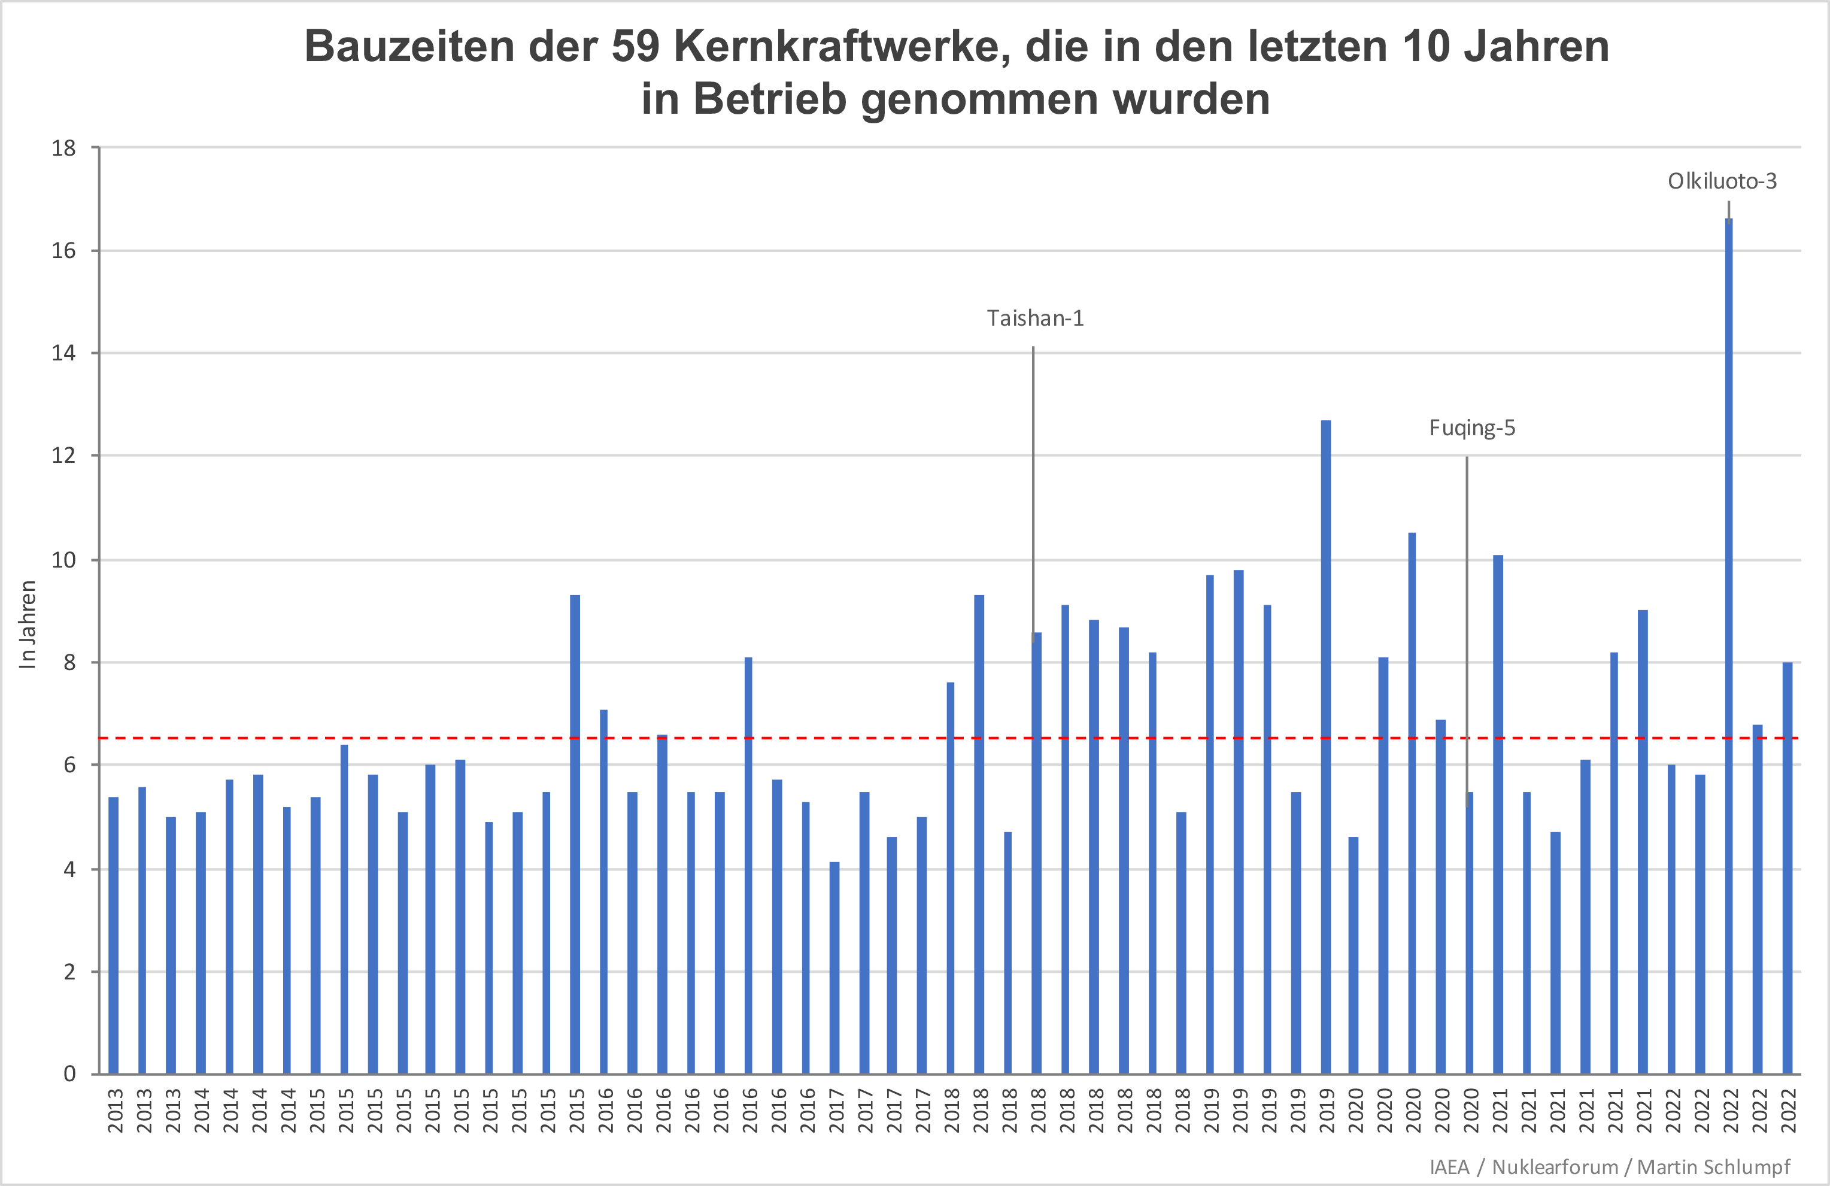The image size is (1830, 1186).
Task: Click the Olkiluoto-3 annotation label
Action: [1722, 181]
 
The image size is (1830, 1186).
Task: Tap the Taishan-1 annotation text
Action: [1035, 319]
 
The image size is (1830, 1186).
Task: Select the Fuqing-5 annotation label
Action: [1471, 429]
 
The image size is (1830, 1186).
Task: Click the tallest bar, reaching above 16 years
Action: [1728, 646]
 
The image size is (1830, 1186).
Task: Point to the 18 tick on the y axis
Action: [65, 148]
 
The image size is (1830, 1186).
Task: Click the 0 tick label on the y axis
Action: [69, 1073]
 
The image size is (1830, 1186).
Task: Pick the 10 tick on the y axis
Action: [65, 560]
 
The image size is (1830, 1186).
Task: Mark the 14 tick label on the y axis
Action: [65, 353]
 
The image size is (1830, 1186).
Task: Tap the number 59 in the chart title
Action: [635, 46]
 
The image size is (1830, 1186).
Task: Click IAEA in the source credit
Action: [1449, 1167]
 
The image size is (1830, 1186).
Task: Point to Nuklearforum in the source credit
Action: [1555, 1167]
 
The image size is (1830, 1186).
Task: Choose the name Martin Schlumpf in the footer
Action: [1714, 1167]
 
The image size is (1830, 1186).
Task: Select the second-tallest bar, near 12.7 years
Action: [1325, 746]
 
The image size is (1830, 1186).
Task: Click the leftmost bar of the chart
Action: [114, 935]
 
